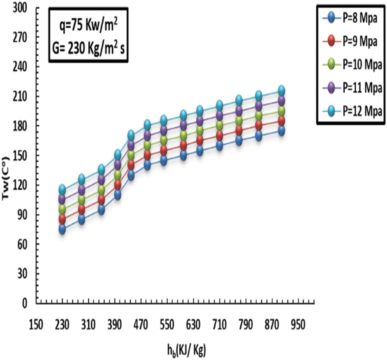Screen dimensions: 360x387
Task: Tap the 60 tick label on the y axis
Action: [23, 244]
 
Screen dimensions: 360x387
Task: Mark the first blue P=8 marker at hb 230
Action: [62, 229]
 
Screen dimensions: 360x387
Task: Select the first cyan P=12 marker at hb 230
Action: [62, 189]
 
